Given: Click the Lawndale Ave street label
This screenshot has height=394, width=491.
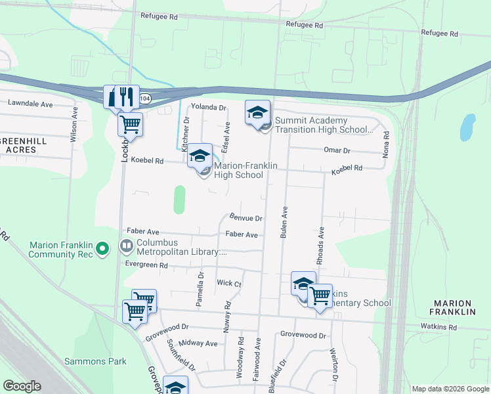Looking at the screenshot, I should pyautogui.click(x=30, y=104).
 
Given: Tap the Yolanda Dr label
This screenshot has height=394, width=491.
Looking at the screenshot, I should pyautogui.click(x=208, y=107).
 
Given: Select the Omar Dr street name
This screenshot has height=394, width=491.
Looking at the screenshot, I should pyautogui.click(x=337, y=150).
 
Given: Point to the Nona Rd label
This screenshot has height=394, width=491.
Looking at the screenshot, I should pyautogui.click(x=387, y=144).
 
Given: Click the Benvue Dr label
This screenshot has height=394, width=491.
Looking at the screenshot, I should pyautogui.click(x=246, y=217).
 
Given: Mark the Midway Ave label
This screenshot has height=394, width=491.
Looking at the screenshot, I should pyautogui.click(x=198, y=343).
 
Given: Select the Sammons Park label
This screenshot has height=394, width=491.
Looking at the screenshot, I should pyautogui.click(x=95, y=361).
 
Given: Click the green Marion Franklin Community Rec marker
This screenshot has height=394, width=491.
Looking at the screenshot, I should pyautogui.click(x=102, y=249).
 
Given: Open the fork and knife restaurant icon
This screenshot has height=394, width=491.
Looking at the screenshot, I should pyautogui.click(x=127, y=96).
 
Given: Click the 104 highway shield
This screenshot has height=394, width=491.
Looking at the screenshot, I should pyautogui.click(x=145, y=97).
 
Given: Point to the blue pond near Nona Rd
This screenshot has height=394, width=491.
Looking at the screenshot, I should pyautogui.click(x=467, y=127).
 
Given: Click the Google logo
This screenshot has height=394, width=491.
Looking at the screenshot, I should pyautogui.click(x=22, y=386).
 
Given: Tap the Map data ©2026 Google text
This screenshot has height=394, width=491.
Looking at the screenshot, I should pyautogui.click(x=450, y=389).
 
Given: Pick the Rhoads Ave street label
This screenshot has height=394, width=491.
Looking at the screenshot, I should pyautogui.click(x=321, y=246).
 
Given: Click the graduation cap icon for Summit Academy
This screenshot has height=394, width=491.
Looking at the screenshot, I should pyautogui.click(x=257, y=112).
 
